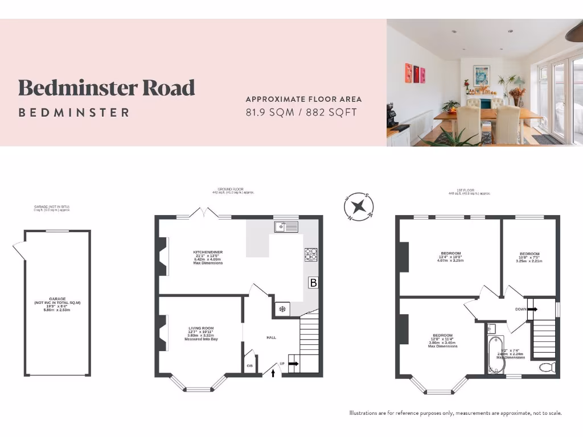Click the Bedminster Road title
point(106,88)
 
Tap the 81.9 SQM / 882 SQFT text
point(301,112)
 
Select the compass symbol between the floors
point(359,206)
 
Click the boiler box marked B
point(313,282)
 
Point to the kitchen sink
point(286,227)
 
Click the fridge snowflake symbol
point(281,309)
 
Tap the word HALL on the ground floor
point(272,337)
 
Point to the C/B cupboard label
point(249,365)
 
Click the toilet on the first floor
point(547,367)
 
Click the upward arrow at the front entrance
point(273,373)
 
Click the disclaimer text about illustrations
point(455,413)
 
